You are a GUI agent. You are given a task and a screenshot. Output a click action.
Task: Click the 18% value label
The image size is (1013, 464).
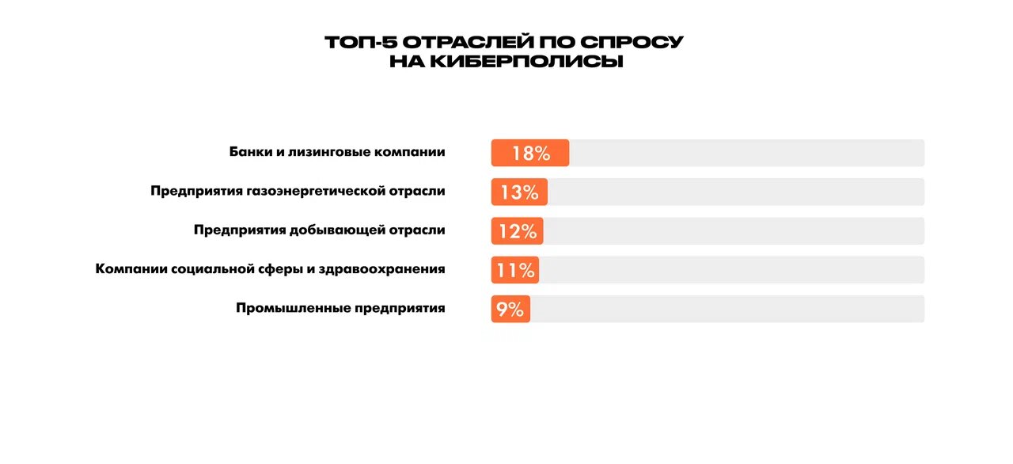[x=530, y=154]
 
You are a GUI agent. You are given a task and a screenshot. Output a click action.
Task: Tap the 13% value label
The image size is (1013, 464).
[x=518, y=192]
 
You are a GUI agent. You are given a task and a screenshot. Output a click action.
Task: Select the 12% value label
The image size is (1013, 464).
[x=517, y=231]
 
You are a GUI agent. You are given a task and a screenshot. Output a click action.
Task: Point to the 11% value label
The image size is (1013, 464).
[x=515, y=270]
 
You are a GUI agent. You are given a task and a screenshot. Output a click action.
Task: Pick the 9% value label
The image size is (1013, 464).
[x=510, y=309]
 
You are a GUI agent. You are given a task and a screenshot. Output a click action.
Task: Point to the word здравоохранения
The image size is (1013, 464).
[x=382, y=269]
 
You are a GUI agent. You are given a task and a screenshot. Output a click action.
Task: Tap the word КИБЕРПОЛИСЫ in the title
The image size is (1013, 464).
[x=526, y=61]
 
